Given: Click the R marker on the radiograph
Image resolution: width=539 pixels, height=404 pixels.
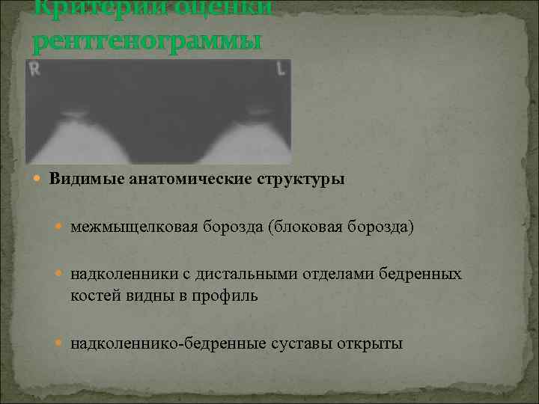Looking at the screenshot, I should click(x=35, y=70).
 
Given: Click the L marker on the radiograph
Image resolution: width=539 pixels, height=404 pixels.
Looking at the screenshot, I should click(x=281, y=69).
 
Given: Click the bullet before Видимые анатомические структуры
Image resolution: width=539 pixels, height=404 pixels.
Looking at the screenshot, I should click(x=40, y=180).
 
